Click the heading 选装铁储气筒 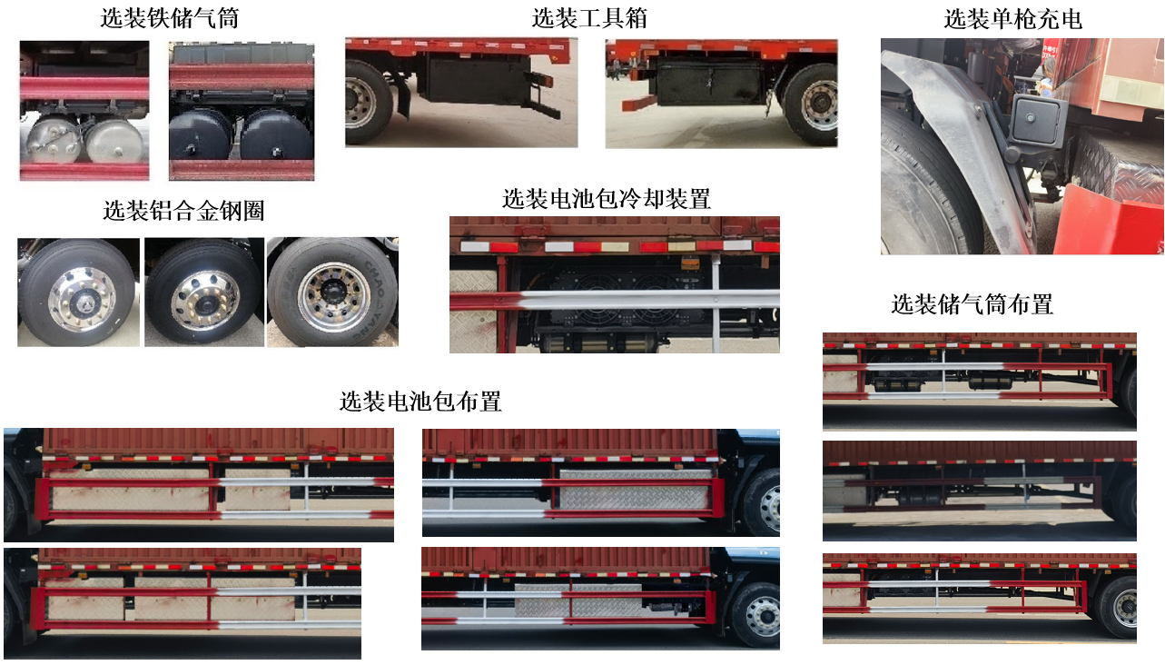click(170, 18)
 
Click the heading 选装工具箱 click(589, 18)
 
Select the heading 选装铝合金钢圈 click(183, 212)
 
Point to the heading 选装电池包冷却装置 click(606, 198)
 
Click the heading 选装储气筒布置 click(972, 304)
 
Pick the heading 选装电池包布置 click(420, 401)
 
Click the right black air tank click(271, 135)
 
